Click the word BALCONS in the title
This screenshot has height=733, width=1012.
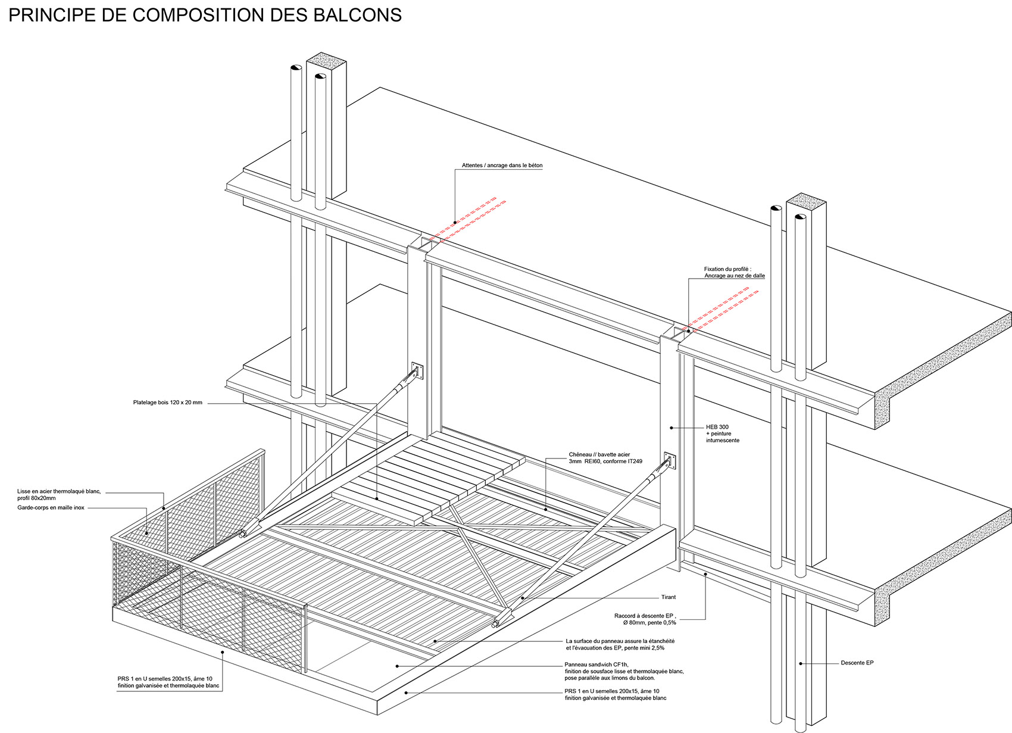357,15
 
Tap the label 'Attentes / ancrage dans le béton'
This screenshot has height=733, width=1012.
502,166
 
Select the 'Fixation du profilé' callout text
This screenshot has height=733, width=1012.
734,272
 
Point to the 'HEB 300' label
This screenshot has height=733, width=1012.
717,426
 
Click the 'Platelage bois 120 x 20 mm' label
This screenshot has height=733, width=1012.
168,402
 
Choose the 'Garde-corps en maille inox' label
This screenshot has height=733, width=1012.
51,507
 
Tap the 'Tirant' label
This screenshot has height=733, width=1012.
668,597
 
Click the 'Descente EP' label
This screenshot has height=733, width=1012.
857,663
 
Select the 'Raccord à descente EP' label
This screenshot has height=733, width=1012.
645,619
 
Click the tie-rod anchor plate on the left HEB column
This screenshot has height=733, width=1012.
417,370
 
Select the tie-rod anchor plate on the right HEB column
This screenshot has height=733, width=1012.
670,460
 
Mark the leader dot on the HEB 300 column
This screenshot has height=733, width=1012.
671,428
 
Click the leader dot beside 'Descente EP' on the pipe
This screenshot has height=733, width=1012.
801,663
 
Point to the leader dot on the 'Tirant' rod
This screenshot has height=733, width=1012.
522,597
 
